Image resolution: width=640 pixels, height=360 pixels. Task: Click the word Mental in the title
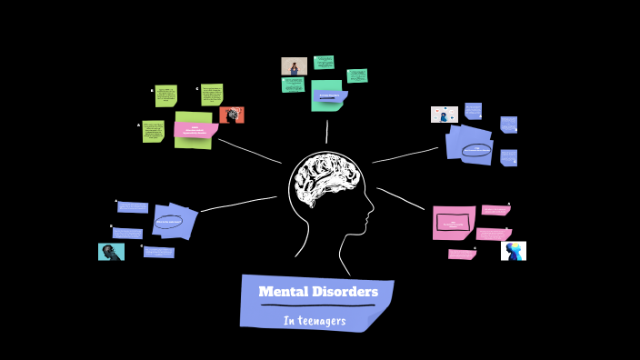click(x=282, y=292)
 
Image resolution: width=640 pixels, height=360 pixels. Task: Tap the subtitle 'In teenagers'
click(x=315, y=320)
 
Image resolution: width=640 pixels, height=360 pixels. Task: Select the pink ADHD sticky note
click(x=195, y=129)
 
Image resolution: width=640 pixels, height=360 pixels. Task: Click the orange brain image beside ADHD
click(x=232, y=115)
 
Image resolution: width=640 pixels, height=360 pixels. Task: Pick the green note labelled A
click(x=153, y=131)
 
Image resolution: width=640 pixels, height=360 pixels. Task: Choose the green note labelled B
click(x=165, y=95)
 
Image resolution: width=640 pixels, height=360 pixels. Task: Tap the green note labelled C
click(x=212, y=95)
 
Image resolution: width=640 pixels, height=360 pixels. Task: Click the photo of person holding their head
click(x=294, y=66)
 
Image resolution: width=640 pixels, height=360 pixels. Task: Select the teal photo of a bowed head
click(x=111, y=252)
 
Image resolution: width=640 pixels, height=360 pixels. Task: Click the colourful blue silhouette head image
click(x=514, y=251)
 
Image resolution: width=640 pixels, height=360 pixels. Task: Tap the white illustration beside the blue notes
click(x=445, y=115)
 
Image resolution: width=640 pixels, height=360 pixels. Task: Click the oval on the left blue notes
click(x=169, y=221)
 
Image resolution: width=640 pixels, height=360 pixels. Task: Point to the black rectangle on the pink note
click(x=454, y=222)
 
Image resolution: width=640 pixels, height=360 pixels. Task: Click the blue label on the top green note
click(x=330, y=95)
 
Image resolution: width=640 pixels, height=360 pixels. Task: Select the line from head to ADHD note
click(x=250, y=151)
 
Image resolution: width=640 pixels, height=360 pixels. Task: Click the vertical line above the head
click(x=326, y=132)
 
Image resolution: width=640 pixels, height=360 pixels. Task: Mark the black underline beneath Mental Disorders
click(x=317, y=305)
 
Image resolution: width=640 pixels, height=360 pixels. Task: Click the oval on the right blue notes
click(x=476, y=150)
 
